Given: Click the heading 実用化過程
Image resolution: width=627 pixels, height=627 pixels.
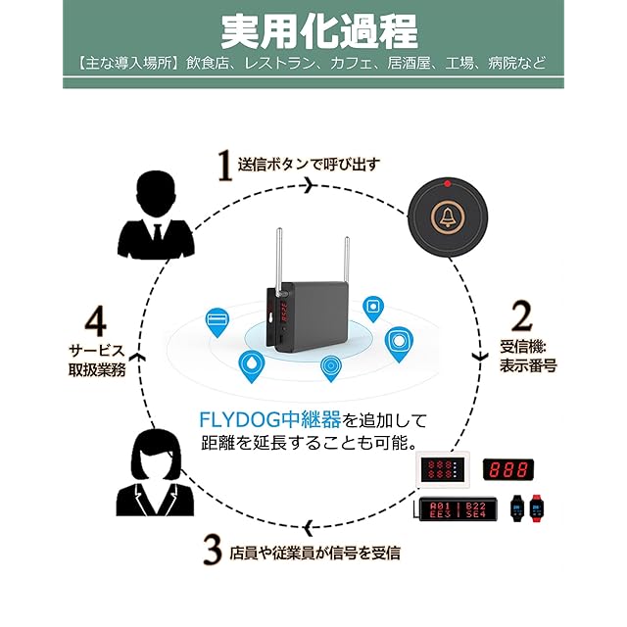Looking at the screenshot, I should [313, 32].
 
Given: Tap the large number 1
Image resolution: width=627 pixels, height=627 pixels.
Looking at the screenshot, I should [223, 165].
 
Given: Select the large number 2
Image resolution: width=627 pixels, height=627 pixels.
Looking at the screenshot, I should [521, 314].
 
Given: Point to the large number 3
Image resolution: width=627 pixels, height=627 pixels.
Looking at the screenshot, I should [212, 550].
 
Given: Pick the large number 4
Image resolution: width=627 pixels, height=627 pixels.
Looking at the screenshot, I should [95, 321].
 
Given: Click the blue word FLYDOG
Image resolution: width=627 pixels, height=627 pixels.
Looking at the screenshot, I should [237, 420].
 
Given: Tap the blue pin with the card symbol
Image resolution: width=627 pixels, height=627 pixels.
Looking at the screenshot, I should [217, 321].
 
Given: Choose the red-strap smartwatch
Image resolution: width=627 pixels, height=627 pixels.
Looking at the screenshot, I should [536, 507].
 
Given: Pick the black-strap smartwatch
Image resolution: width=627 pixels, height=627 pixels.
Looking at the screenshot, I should [516, 507].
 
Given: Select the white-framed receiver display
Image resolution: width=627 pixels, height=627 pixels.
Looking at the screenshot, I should [446, 468].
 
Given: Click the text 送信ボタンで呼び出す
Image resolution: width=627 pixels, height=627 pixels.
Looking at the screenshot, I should [309, 164].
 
